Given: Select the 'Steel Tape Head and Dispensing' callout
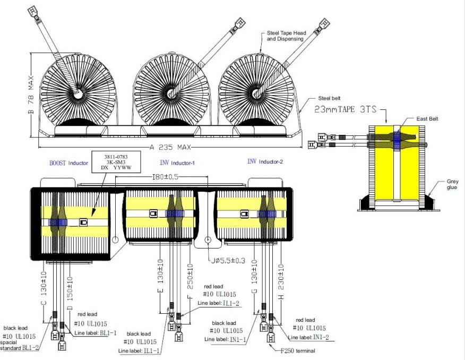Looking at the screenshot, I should (x=285, y=36).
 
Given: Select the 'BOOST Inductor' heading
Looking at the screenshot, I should (x=68, y=162).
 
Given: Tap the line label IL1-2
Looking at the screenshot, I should (x=230, y=303).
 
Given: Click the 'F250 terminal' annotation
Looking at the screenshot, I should (x=300, y=350).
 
